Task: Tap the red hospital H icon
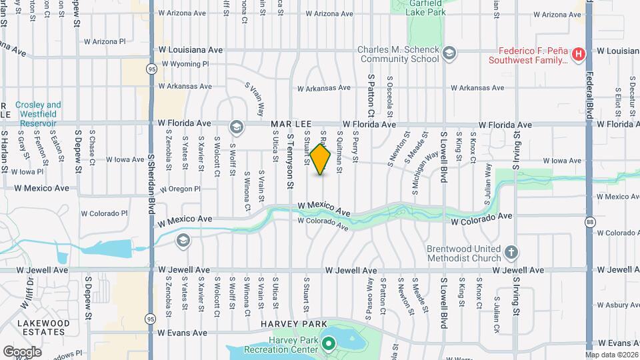pyautogui.click(x=579, y=53)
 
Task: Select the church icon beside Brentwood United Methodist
pyautogui.click(x=511, y=252)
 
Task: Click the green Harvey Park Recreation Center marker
pyautogui.click(x=328, y=345)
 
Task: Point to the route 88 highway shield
pyautogui.click(x=589, y=221)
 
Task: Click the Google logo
pyautogui.click(x=22, y=351)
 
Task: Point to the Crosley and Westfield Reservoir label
pyautogui.click(x=38, y=109)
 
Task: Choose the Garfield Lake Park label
pyautogui.click(x=423, y=7)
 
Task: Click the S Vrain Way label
pyautogui.click(x=256, y=99)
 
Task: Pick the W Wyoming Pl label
pyautogui.click(x=183, y=64)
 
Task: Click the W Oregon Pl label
pyautogui.click(x=180, y=189)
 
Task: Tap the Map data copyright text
pyautogui.click(x=611, y=355)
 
